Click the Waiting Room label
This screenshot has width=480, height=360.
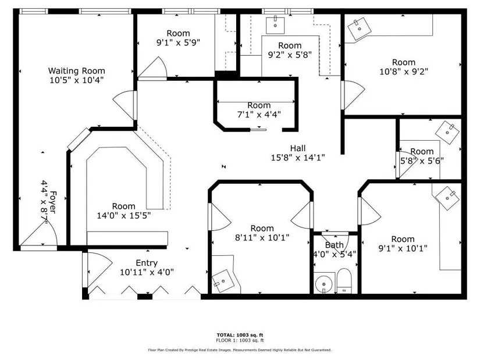click(x=77, y=71)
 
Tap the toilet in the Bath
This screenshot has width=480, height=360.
click(x=344, y=281)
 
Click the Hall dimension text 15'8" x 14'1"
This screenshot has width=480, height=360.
click(x=298, y=158)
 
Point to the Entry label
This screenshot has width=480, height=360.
click(x=147, y=263)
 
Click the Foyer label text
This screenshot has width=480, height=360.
click(x=53, y=202)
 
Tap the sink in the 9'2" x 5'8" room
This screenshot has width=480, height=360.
click(x=275, y=25)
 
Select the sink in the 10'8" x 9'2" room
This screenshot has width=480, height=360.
click(x=360, y=29)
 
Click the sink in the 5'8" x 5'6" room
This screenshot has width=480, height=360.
click(x=447, y=133)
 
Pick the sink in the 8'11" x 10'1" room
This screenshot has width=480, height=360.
click(x=223, y=281)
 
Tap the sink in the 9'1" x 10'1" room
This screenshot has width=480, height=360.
click(x=447, y=198)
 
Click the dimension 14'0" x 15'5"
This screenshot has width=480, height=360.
click(x=124, y=216)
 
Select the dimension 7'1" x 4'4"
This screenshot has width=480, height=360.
click(x=259, y=115)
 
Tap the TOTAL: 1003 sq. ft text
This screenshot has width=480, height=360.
click(x=240, y=335)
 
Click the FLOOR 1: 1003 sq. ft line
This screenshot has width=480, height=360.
click(x=240, y=340)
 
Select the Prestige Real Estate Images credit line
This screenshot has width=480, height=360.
click(x=240, y=350)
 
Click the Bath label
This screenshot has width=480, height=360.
click(x=335, y=245)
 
